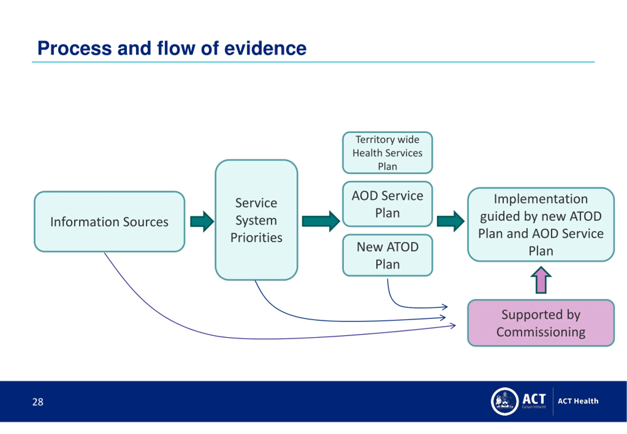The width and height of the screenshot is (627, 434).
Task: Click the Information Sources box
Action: click(x=109, y=222)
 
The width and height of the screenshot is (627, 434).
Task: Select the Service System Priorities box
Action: click(x=256, y=220)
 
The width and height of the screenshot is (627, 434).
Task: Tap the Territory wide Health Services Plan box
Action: click(x=387, y=153)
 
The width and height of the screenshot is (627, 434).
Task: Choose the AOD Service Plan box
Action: click(x=387, y=204)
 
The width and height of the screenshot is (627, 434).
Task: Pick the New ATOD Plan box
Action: click(x=387, y=255)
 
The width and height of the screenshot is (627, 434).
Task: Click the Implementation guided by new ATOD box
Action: click(x=541, y=225)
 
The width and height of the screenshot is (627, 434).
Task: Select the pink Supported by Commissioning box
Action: click(x=541, y=323)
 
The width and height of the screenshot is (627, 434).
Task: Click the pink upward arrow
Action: click(x=541, y=280)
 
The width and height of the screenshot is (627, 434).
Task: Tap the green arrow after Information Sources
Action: click(x=202, y=221)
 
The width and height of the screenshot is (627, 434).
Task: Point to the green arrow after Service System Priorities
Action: click(x=321, y=221)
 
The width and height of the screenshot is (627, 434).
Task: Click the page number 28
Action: click(x=38, y=402)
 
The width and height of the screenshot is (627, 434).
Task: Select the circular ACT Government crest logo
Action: click(x=505, y=401)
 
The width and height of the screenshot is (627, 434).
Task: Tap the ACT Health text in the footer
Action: click(x=578, y=401)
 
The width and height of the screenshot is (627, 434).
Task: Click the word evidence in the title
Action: click(x=265, y=48)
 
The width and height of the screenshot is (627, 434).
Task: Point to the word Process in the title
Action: click(x=74, y=48)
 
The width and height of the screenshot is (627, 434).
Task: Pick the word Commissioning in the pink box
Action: click(x=541, y=332)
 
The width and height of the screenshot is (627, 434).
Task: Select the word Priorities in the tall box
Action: click(x=256, y=238)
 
